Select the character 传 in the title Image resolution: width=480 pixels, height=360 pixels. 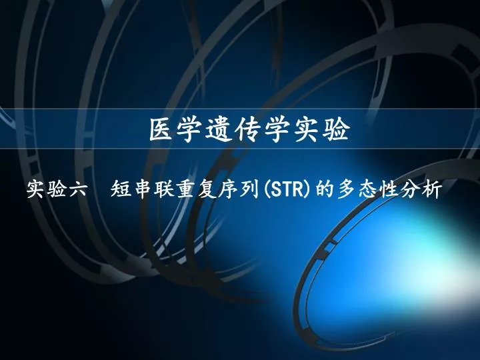(x=247, y=130)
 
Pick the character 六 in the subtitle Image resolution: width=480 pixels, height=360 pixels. (x=77, y=189)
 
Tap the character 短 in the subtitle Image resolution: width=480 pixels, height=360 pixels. (x=121, y=189)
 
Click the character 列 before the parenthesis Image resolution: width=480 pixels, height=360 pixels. (x=250, y=189)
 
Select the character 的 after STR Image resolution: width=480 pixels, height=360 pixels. (x=325, y=189)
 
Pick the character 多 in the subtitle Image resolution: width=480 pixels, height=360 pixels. (x=347, y=189)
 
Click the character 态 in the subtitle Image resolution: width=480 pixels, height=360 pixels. (x=368, y=189)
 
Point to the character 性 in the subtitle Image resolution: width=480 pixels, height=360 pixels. (x=389, y=189)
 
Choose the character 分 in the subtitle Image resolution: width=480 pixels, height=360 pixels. (x=411, y=189)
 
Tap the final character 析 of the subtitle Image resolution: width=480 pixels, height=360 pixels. (x=432, y=189)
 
